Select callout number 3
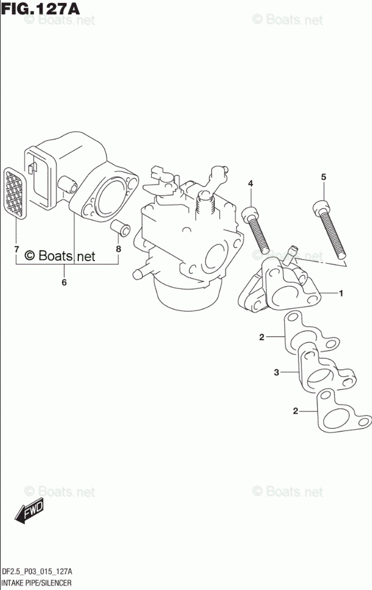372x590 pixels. [276, 373]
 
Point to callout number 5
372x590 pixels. [323, 176]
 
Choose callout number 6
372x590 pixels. [64, 282]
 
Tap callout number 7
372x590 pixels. [16, 248]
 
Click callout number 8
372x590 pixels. [118, 248]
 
